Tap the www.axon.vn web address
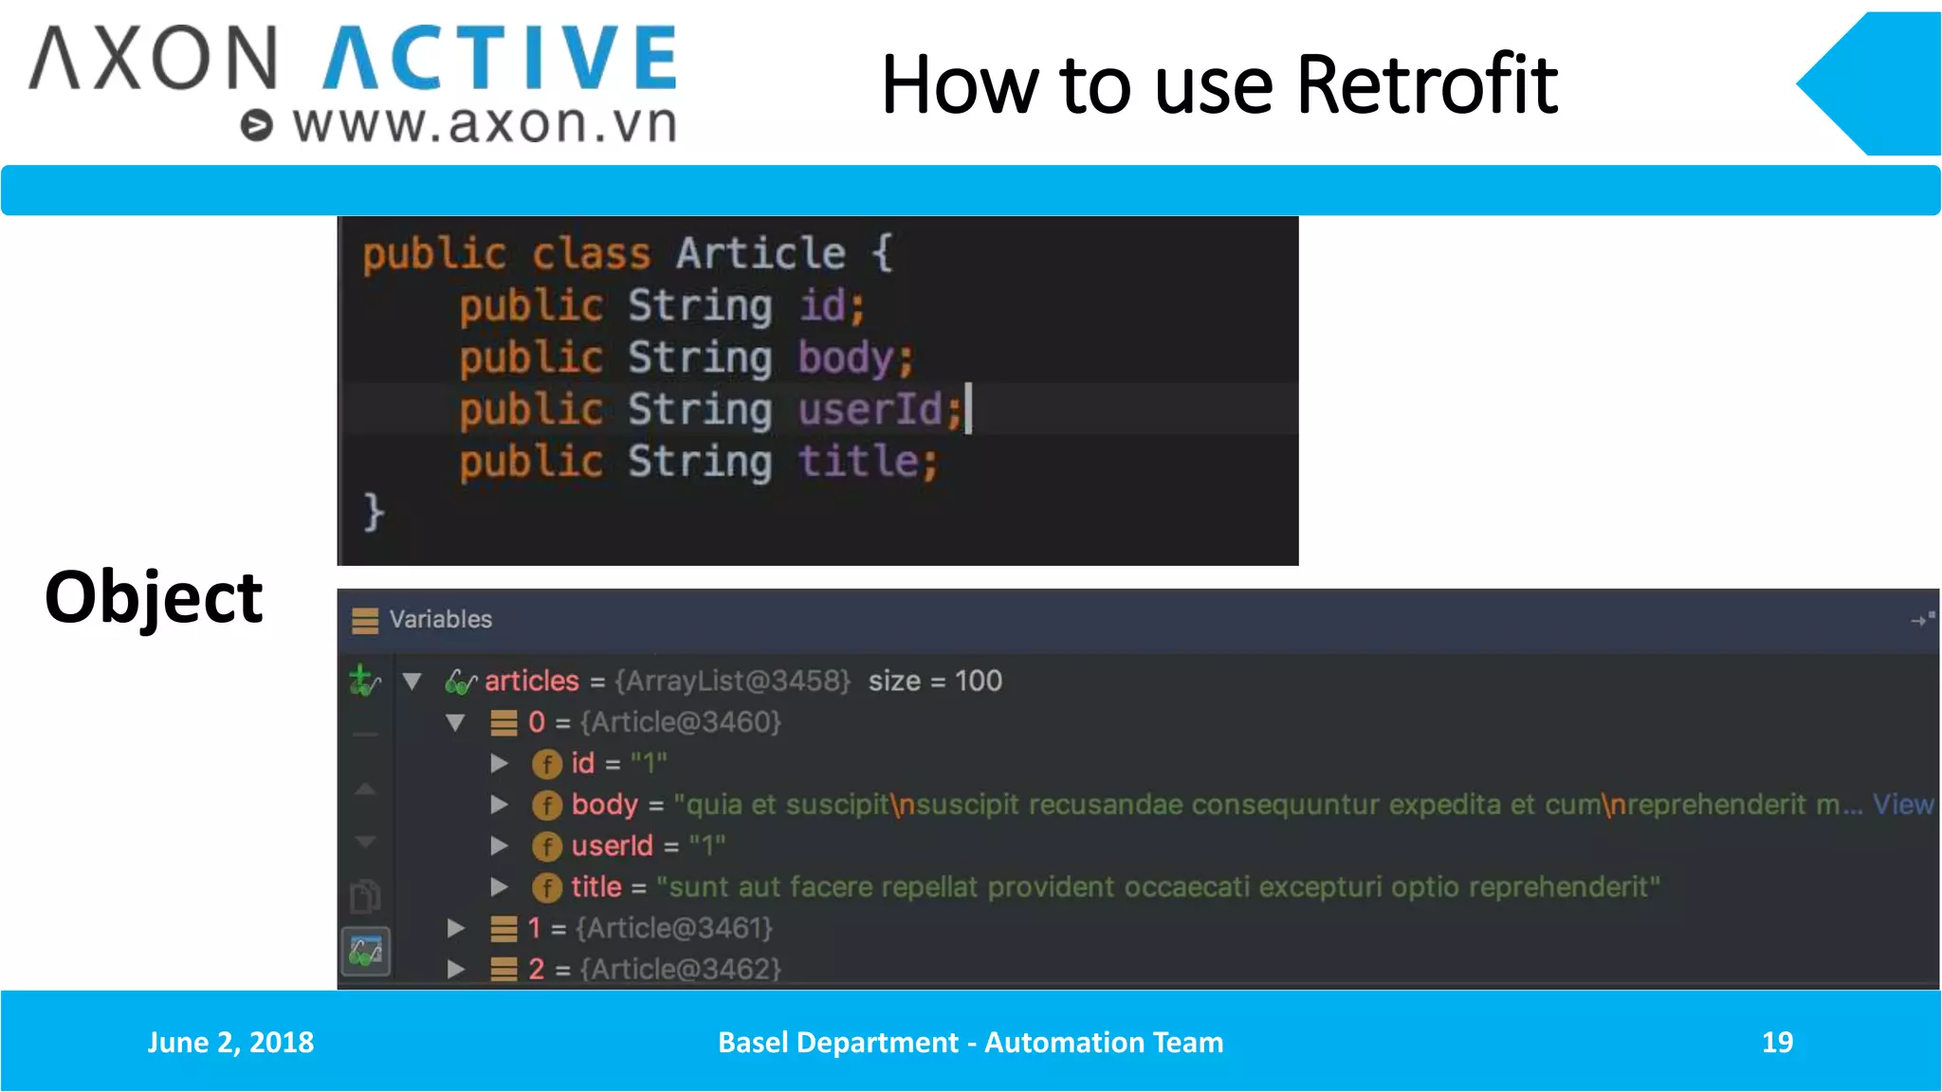(485, 124)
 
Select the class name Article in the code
(760, 253)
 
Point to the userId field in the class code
(870, 409)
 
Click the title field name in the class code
(858, 462)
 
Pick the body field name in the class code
(846, 358)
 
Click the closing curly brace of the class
(374, 512)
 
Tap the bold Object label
(154, 597)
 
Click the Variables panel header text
(440, 619)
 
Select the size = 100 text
(935, 681)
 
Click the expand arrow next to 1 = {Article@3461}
(456, 928)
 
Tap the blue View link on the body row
(1902, 805)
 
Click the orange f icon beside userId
(546, 846)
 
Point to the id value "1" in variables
(649, 763)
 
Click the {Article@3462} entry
(680, 969)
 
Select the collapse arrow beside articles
(412, 681)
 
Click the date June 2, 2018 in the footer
(230, 1042)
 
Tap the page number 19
(1777, 1042)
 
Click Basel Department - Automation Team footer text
(970, 1042)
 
